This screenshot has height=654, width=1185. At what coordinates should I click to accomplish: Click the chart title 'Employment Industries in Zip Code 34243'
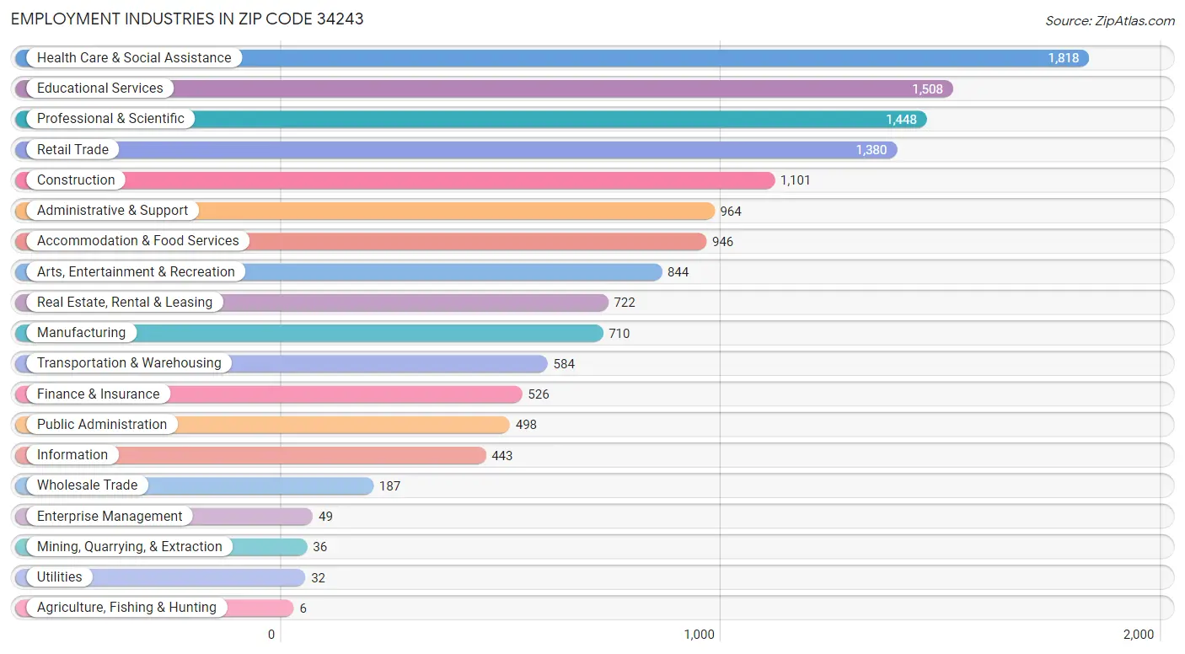tap(187, 19)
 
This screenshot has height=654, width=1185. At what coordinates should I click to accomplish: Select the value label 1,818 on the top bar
tap(1063, 58)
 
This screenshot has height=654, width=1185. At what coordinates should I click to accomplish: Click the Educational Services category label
tap(99, 88)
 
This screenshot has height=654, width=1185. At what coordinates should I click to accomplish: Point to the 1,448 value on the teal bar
tap(900, 120)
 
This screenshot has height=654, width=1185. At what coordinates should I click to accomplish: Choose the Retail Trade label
tap(72, 150)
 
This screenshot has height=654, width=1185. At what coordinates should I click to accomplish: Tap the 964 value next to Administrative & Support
tap(730, 212)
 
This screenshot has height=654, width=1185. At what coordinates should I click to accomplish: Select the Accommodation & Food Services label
tap(137, 241)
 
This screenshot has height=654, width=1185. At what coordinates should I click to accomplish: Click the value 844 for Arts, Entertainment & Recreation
tap(678, 272)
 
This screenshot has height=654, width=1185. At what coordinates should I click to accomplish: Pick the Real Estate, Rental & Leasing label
tap(124, 303)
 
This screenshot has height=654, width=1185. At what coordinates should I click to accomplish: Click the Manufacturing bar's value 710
tap(619, 334)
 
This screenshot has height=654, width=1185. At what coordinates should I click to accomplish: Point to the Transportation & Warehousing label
tap(128, 363)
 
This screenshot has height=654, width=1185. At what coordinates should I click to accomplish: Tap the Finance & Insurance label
tap(98, 394)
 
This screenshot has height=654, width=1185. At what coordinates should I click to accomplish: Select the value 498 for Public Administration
tap(526, 425)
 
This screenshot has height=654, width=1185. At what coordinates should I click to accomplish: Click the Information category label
tap(72, 455)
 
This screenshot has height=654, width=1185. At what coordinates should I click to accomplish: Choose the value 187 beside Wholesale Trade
tap(389, 486)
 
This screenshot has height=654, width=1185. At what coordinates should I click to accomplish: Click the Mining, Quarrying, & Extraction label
tap(129, 547)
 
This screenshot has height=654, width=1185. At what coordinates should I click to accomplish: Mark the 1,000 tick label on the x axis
tap(699, 635)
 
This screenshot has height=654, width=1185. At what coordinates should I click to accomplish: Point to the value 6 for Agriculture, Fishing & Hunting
tap(303, 608)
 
